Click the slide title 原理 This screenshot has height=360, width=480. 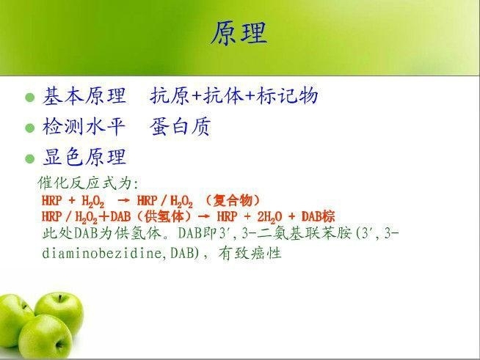tap(239, 33)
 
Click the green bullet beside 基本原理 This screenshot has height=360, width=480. tap(29, 98)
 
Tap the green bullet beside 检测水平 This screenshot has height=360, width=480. tap(29, 128)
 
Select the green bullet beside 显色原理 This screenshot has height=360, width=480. tap(29, 159)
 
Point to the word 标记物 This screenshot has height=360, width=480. tap(287, 95)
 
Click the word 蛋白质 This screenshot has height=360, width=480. tap(181, 126)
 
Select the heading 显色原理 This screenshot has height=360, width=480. tap(84, 157)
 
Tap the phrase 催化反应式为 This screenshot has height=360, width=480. tap(86, 183)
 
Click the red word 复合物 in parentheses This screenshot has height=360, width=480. tap(233, 201)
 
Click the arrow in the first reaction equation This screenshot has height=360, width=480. tap(123, 201)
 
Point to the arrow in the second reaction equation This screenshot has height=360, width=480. tap(204, 216)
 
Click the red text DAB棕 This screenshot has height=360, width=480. tap(318, 216)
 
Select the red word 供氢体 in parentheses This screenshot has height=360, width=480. tap(164, 216)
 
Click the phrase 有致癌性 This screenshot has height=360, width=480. tap(250, 253)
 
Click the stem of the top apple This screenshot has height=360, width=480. tap(60, 298)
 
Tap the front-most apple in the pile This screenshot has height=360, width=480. tap(46, 337)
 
